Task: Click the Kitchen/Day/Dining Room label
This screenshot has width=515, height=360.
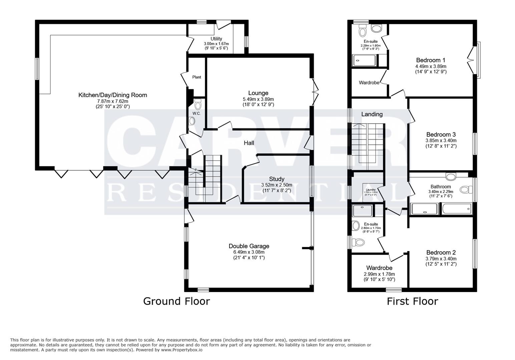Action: point(112,95)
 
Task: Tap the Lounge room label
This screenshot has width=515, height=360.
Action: point(258,93)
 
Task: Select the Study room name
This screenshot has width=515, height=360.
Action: point(277,179)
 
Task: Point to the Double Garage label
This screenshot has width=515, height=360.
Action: point(249,246)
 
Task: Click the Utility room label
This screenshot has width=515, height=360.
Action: point(216,39)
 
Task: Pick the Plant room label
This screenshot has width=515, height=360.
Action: point(197,77)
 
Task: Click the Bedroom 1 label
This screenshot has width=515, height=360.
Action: point(430,60)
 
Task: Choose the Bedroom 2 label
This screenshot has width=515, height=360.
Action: point(441,253)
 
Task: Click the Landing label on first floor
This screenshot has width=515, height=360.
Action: point(372,114)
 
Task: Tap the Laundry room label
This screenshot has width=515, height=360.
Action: point(371,190)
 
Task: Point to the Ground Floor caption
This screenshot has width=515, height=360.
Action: point(176,301)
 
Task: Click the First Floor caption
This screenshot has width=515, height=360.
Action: point(412,301)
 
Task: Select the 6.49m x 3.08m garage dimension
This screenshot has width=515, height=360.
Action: point(249,252)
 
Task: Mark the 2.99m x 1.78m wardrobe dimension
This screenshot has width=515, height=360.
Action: point(379,274)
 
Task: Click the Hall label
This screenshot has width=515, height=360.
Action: point(249,143)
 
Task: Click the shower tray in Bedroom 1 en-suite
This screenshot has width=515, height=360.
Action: point(364,60)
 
